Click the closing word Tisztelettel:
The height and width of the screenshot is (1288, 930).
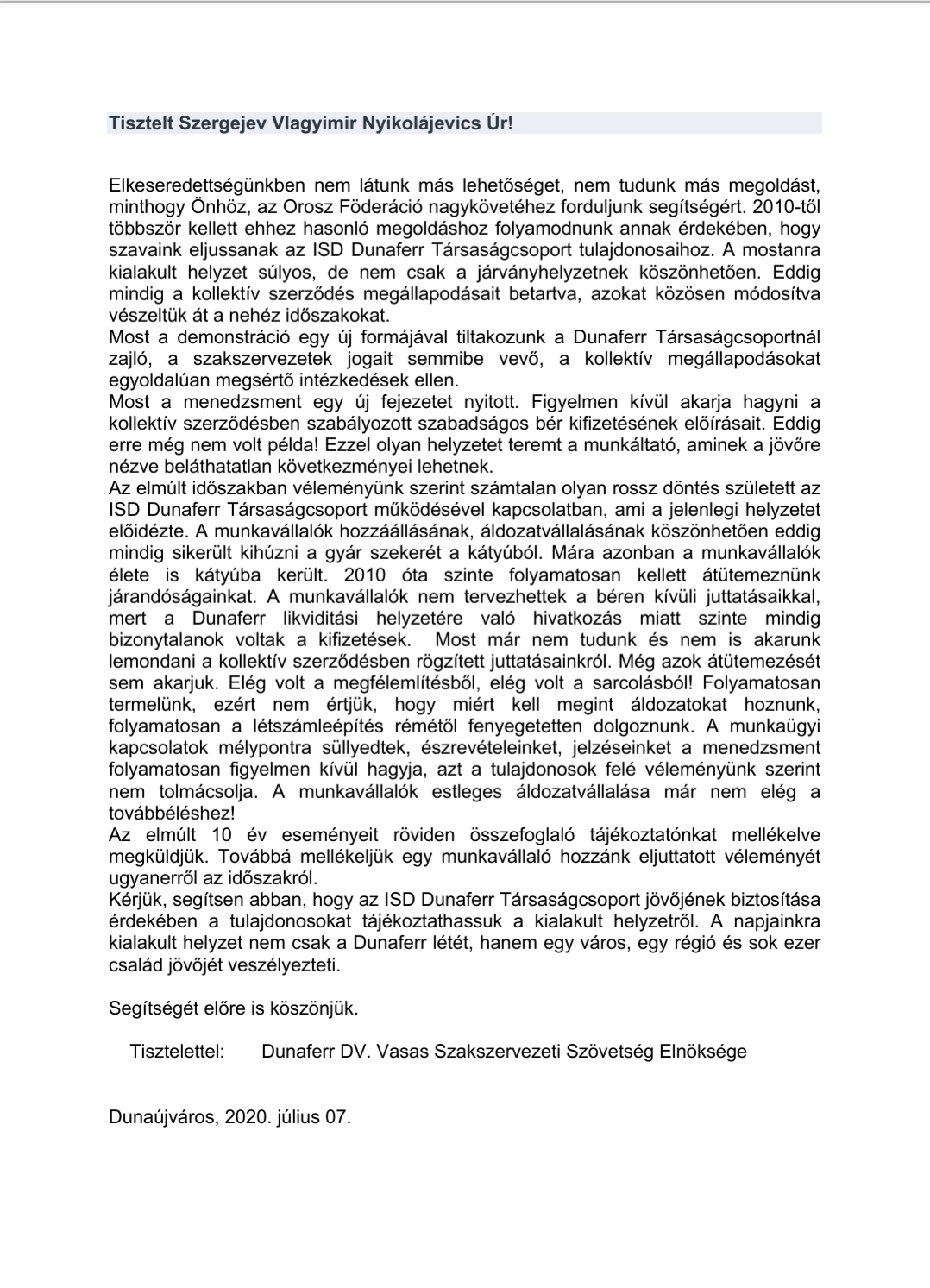(x=177, y=1052)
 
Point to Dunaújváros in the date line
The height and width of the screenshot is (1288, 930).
(x=163, y=1116)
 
